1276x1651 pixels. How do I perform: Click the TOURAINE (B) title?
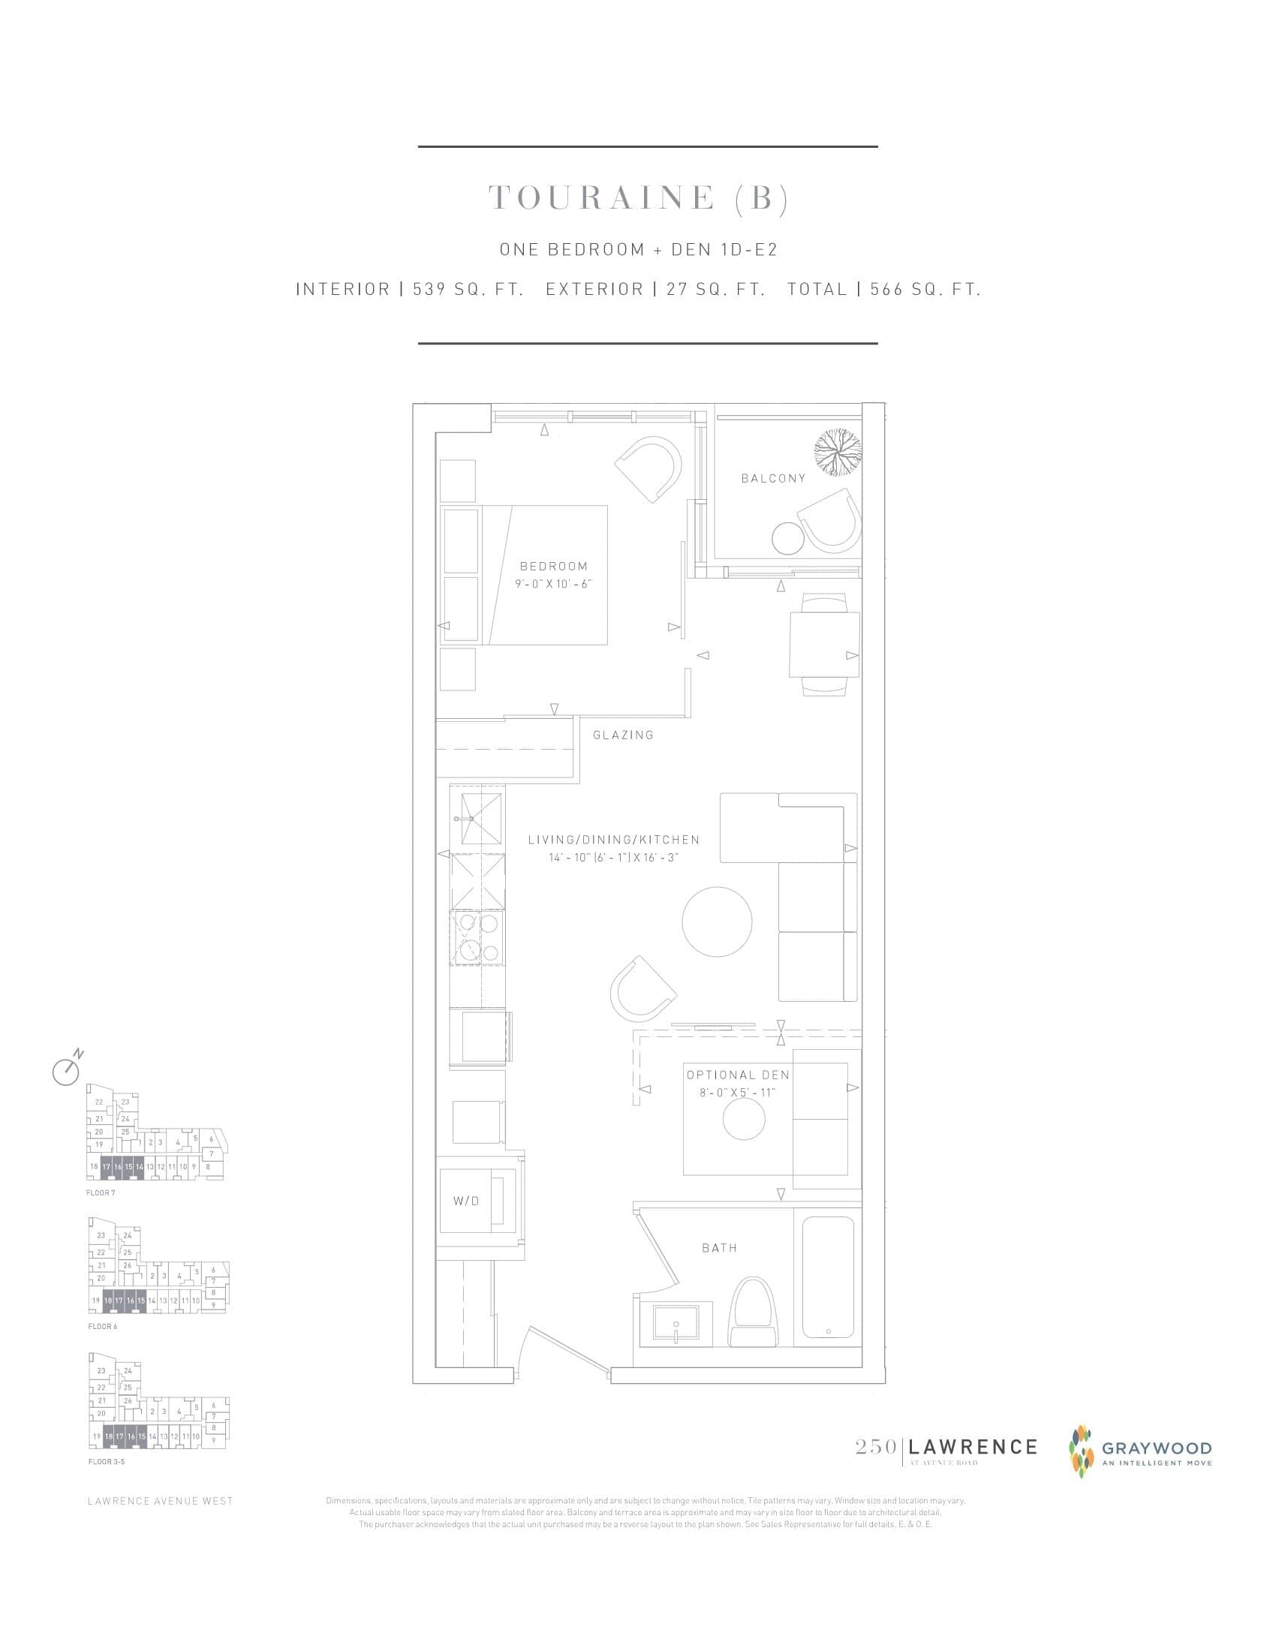click(639, 198)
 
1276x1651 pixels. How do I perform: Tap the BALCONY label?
click(773, 478)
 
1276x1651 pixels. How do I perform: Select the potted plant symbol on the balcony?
click(838, 452)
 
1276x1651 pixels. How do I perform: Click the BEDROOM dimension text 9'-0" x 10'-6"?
click(553, 584)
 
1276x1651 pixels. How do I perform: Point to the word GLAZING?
click(623, 735)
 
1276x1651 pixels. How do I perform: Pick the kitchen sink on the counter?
click(477, 817)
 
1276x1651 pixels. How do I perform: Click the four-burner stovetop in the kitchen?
click(477, 938)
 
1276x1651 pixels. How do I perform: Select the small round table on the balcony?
click(790, 537)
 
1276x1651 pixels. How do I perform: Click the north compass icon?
click(67, 1069)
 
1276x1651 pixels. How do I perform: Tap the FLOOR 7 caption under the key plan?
click(101, 1193)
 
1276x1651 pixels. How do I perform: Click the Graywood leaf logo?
click(1082, 1449)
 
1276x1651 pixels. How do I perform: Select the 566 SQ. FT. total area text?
click(925, 290)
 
